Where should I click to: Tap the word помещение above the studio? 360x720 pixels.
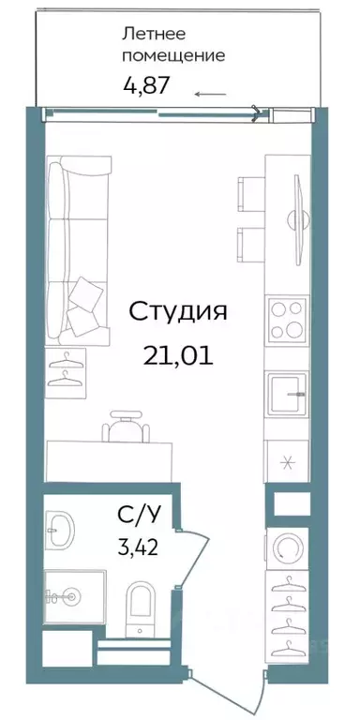[174, 55]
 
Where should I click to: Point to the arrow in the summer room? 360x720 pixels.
[210, 94]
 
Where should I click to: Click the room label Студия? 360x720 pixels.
[177, 310]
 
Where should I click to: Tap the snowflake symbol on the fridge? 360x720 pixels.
[286, 462]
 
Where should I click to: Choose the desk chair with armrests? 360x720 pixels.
[124, 429]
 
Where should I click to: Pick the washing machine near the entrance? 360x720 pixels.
[286, 546]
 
